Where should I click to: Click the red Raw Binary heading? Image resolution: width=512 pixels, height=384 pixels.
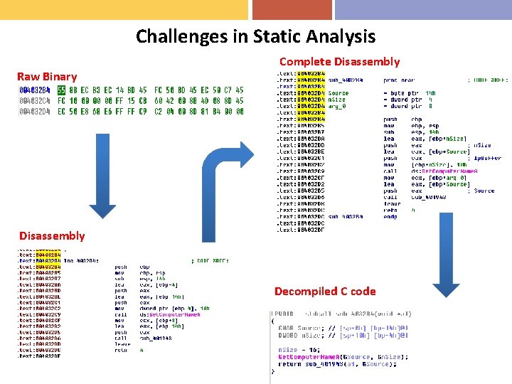pyautogui.click(x=47, y=77)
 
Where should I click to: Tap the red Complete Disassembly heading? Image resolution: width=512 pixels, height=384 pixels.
pyautogui.click(x=339, y=62)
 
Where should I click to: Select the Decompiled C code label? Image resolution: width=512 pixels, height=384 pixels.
pyautogui.click(x=324, y=291)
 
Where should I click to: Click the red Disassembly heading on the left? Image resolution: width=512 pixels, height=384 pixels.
pyautogui.click(x=52, y=236)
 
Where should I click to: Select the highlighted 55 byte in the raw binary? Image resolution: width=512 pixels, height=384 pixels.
pyautogui.click(x=62, y=90)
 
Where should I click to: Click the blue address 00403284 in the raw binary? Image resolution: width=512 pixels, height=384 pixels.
pyautogui.click(x=34, y=90)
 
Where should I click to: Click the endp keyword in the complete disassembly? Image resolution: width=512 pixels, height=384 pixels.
pyautogui.click(x=390, y=217)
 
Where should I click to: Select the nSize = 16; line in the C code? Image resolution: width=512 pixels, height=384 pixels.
pyautogui.click(x=299, y=350)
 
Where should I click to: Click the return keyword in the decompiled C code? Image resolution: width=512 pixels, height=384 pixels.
pyautogui.click(x=290, y=363)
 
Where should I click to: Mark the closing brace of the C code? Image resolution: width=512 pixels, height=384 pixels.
pyautogui.click(x=272, y=370)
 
